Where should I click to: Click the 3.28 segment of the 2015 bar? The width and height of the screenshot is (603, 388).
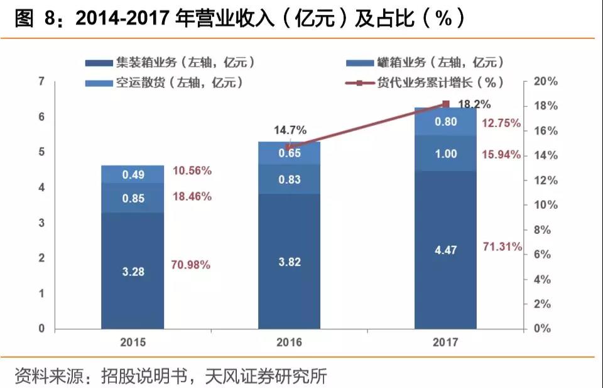133,270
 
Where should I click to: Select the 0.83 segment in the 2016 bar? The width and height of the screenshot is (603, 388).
289,179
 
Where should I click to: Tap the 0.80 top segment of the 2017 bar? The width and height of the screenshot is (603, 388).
445,122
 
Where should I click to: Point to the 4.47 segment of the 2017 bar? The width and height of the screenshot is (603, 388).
445,250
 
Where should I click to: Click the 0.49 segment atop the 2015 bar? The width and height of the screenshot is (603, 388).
133,174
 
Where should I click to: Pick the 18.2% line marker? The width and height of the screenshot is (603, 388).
446,104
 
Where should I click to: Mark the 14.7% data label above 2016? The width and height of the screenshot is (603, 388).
290,131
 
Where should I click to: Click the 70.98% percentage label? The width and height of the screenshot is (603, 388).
191,265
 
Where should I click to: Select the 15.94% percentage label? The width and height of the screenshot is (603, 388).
501,155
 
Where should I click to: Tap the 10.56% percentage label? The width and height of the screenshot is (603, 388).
191,171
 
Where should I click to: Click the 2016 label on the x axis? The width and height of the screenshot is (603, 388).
289,343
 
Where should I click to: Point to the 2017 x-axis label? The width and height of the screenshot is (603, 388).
445,343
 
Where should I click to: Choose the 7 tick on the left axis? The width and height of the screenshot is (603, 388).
41,81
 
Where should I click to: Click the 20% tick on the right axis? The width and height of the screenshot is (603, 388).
545,82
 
